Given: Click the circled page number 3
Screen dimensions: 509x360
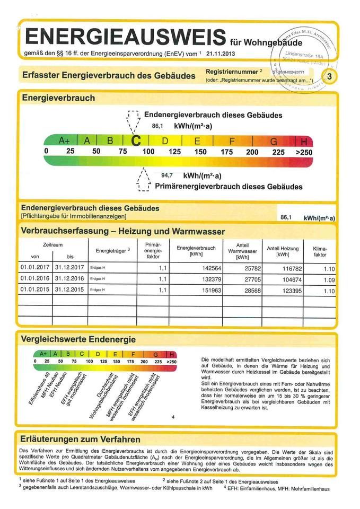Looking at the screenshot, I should pyautogui.click(x=330, y=77).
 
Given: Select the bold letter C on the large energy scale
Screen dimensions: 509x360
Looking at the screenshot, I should pyautogui.click(x=136, y=142).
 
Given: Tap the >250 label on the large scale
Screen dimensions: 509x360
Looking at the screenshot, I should pyautogui.click(x=304, y=152).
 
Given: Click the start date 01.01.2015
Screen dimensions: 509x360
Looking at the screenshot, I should pyautogui.click(x=34, y=289).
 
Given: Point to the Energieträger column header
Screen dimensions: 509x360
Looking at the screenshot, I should pyautogui.click(x=113, y=250).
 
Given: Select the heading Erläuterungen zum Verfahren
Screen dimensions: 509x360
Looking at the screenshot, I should pyautogui.click(x=80, y=440).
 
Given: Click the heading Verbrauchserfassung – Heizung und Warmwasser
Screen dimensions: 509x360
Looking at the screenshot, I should pyautogui.click(x=122, y=232).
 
